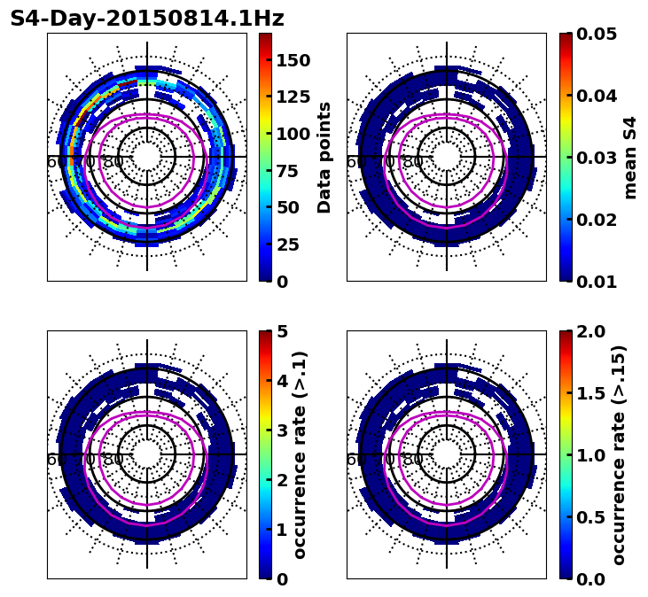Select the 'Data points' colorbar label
324,158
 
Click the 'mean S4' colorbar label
630,158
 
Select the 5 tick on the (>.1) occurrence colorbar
283,331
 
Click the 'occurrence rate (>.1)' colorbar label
300,455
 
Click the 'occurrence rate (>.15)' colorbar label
619,455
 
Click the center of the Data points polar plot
147,157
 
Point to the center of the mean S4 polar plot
447,157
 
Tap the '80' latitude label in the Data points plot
113,162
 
